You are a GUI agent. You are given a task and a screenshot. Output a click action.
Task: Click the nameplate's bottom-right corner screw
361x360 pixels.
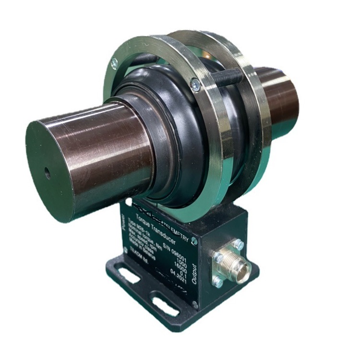[x=194, y=304]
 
